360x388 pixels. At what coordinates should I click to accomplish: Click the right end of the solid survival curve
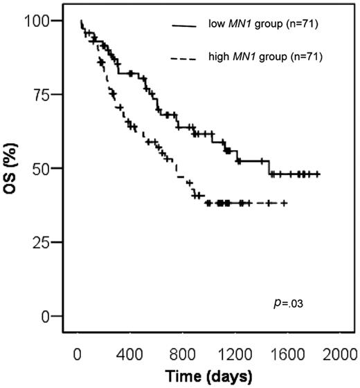pyautogui.click(x=319, y=174)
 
